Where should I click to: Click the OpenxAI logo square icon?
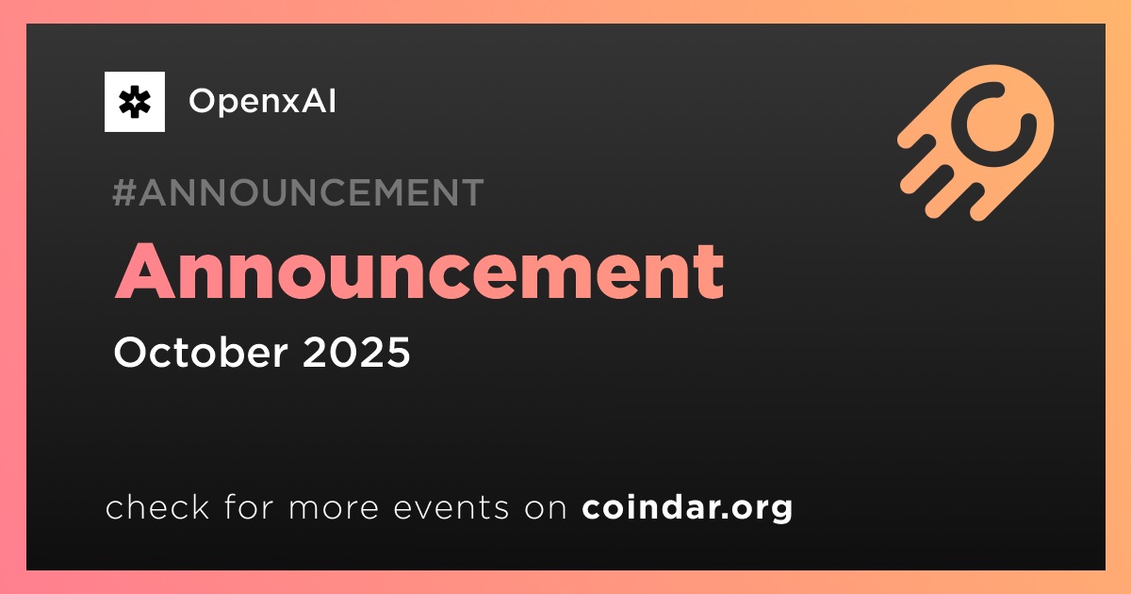click(x=134, y=102)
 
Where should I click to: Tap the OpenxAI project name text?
click(x=262, y=101)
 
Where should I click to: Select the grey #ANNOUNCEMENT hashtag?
click(x=298, y=192)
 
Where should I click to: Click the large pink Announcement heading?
click(x=419, y=272)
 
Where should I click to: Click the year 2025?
click(x=356, y=352)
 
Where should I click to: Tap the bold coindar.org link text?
click(x=687, y=508)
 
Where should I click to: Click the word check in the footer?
click(x=157, y=506)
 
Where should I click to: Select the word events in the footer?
click(x=451, y=507)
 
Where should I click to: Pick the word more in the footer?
click(x=334, y=508)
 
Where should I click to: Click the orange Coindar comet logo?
click(x=976, y=142)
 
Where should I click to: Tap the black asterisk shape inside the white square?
click(x=134, y=102)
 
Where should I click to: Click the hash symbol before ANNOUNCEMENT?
click(x=123, y=192)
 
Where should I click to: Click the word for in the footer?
click(x=249, y=506)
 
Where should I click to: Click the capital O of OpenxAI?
click(x=203, y=101)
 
